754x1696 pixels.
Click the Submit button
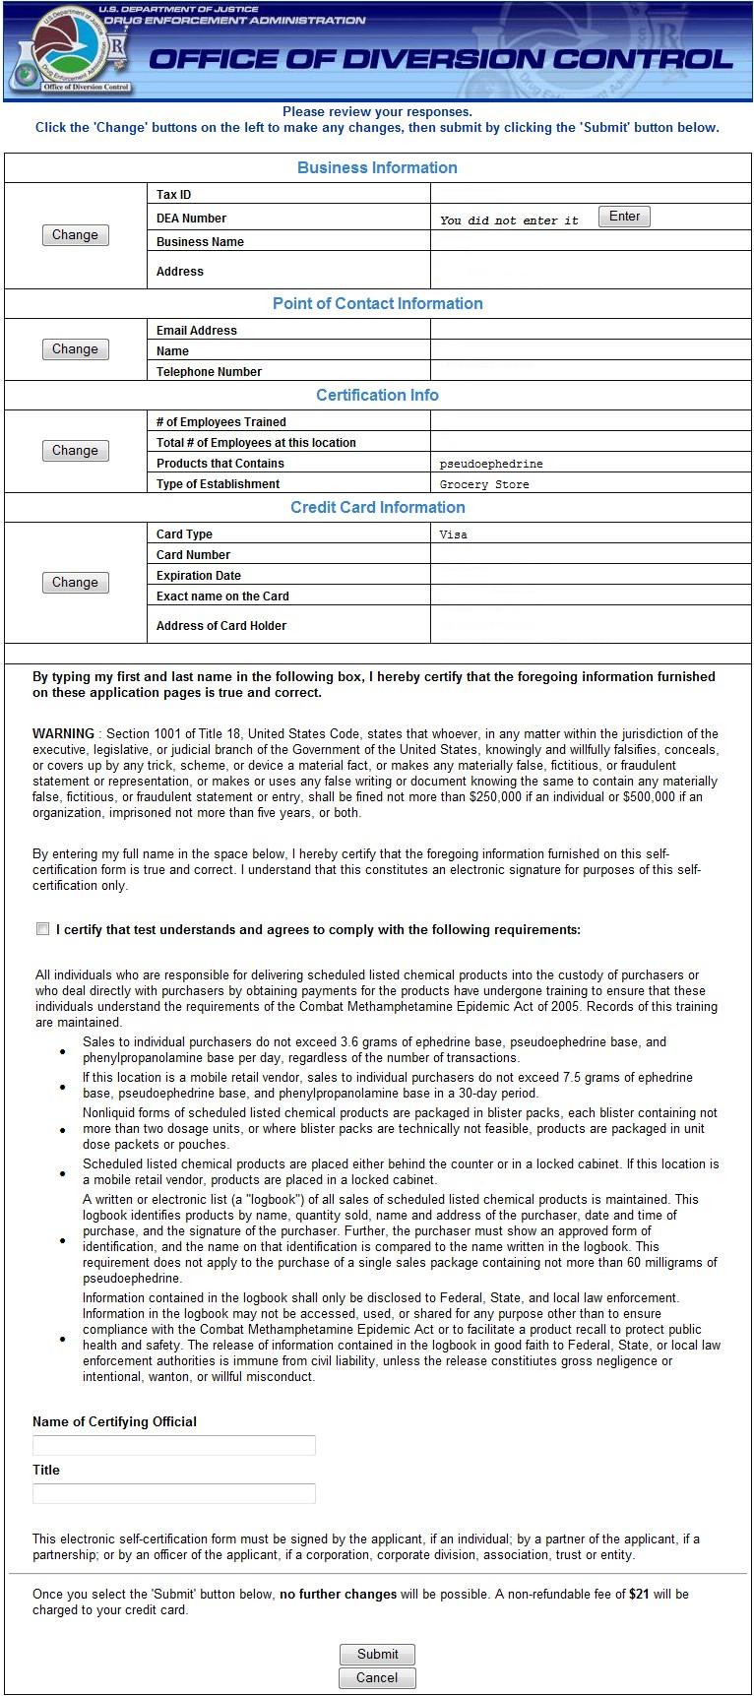tap(377, 1654)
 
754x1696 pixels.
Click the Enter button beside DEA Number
tap(624, 217)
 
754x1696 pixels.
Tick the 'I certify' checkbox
tap(42, 929)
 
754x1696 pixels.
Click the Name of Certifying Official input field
tap(174, 1445)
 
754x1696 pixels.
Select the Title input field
tap(174, 1493)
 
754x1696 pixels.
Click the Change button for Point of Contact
tap(75, 349)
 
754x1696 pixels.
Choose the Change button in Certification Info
tap(75, 451)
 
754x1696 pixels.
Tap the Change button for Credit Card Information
tap(75, 583)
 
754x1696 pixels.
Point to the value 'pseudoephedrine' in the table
tap(491, 464)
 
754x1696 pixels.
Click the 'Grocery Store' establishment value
tap(484, 484)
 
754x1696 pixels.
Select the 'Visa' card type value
tap(454, 534)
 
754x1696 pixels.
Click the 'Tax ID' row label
tap(173, 195)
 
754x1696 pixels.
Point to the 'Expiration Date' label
tap(199, 576)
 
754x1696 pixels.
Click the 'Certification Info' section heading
tap(377, 395)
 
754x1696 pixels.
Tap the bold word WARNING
tap(63, 733)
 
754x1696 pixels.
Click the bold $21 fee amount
tap(639, 1594)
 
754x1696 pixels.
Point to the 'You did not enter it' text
tap(509, 220)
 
